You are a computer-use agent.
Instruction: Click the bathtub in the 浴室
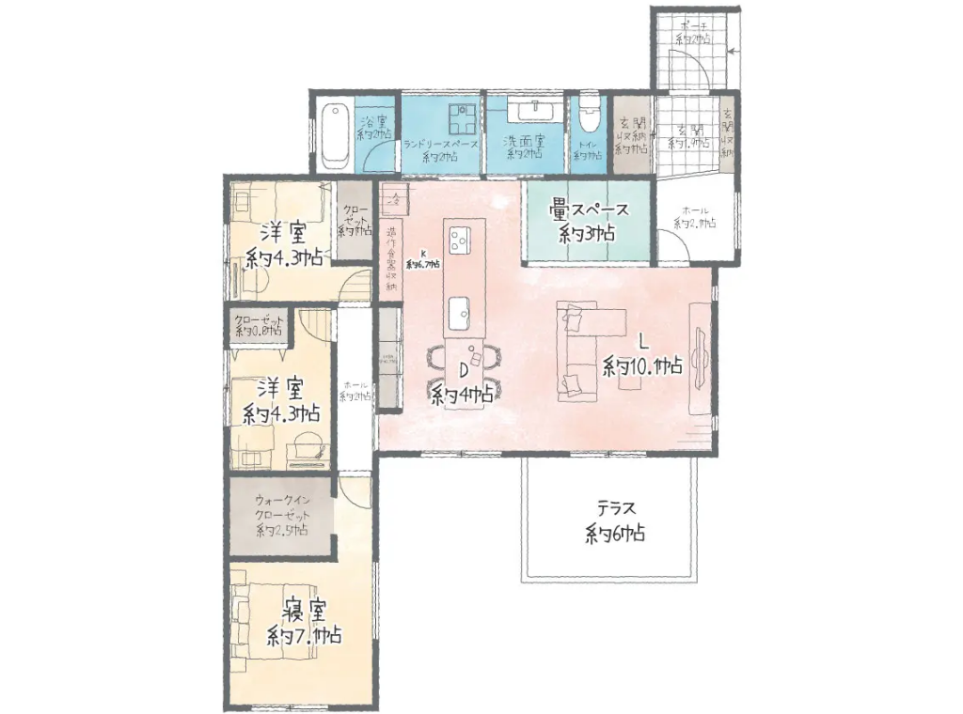[334, 135]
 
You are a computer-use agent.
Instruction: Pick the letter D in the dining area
[463, 368]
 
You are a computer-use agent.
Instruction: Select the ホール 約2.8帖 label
[695, 217]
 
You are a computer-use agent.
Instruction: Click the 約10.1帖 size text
[643, 366]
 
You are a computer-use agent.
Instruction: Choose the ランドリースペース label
[442, 145]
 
